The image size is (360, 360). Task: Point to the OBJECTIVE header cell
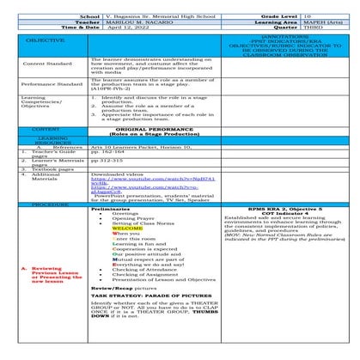coord(48,41)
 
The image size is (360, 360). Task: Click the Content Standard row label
coord(47,64)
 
